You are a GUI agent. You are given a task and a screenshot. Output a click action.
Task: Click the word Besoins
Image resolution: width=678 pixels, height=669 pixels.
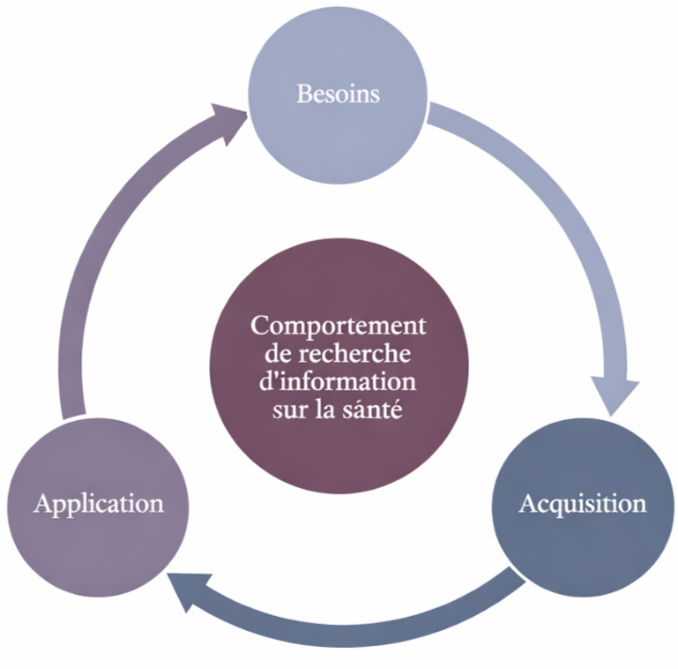(x=339, y=94)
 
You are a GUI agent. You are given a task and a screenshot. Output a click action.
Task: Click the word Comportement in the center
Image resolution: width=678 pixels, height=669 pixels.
(x=339, y=325)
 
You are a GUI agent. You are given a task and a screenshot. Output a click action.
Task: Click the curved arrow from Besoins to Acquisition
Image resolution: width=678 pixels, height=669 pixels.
(x=564, y=221)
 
